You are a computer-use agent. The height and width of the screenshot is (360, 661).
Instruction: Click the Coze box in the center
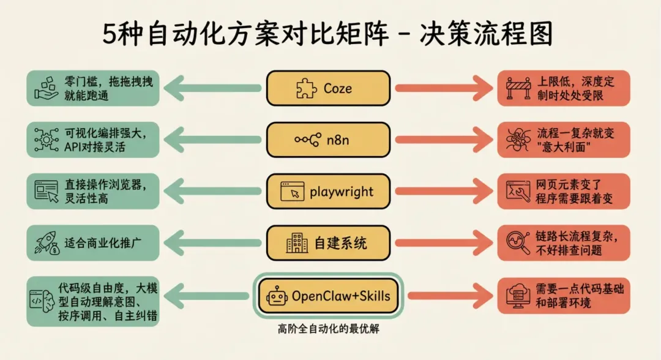coord(327,88)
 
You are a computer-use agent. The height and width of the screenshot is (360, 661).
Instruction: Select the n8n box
coord(327,140)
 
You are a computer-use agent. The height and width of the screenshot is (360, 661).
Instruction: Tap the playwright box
coord(327,192)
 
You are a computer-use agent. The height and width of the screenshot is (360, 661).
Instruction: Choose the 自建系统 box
coord(327,243)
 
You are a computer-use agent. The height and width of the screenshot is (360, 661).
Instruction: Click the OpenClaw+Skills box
coord(327,296)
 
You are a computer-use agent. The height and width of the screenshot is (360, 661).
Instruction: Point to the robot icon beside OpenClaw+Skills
coord(277,297)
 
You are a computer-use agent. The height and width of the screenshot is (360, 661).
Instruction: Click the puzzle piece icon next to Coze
coord(307,89)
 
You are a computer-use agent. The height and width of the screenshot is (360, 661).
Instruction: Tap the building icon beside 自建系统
coord(297,244)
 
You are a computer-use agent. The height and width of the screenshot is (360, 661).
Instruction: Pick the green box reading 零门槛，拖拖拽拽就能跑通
coord(91,88)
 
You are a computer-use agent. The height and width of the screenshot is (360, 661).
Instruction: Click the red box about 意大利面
coord(562,140)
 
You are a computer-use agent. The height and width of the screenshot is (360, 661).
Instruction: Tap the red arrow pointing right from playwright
coord(441,192)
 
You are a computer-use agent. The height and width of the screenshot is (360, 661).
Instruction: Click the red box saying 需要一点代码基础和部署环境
coord(562,296)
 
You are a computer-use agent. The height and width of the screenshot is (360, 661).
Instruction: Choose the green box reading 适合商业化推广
coord(91,244)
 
